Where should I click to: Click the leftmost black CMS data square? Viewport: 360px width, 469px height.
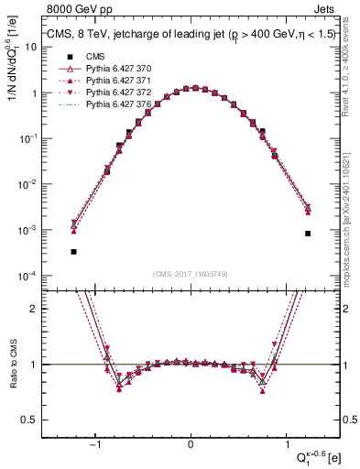[73, 251]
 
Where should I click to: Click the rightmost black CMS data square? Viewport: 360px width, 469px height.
[308, 234]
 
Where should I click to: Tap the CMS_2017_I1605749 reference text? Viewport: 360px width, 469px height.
[191, 274]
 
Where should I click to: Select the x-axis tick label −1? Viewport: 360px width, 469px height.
[96, 442]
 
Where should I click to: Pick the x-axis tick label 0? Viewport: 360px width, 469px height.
[191, 442]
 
